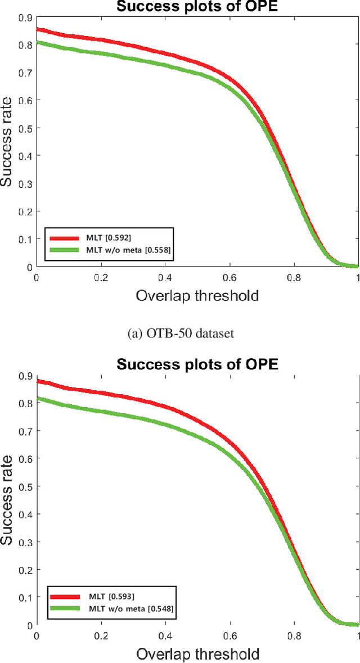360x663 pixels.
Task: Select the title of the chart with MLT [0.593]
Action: pyautogui.click(x=197, y=364)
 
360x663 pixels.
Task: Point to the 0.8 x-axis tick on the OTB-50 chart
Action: pyautogui.click(x=293, y=277)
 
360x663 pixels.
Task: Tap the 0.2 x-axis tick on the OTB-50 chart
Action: pyautogui.click(x=101, y=277)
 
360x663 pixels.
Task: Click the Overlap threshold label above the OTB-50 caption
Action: pyautogui.click(x=197, y=296)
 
